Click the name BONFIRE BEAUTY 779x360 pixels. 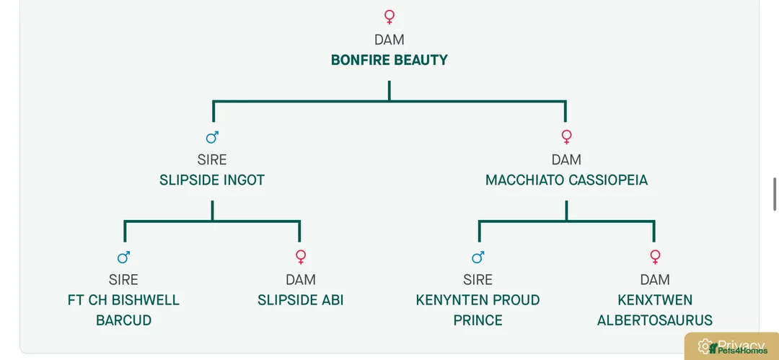389,60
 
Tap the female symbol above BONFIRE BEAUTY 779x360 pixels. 389,17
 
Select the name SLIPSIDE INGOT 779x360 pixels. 212,180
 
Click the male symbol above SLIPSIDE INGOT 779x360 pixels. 212,137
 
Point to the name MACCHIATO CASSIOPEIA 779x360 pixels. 566,180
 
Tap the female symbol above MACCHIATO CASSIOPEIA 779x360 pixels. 566,137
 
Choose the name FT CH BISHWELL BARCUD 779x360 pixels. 124,309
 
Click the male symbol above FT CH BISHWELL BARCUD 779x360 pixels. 124,257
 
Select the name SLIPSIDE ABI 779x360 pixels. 301,300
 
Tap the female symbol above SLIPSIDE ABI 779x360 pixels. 301,257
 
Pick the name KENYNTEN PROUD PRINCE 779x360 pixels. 478,309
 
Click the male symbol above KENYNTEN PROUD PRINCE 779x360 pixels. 478,257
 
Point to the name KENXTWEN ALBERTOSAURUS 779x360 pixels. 655,309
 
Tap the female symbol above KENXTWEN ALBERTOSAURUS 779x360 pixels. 655,257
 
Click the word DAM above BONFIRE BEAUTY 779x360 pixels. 389,39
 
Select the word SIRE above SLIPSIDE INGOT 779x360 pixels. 212,159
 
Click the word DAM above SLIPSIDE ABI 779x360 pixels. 301,279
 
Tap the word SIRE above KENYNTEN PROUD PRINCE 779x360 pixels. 478,279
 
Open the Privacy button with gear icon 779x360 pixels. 731,346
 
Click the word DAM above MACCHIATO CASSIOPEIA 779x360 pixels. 566,159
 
